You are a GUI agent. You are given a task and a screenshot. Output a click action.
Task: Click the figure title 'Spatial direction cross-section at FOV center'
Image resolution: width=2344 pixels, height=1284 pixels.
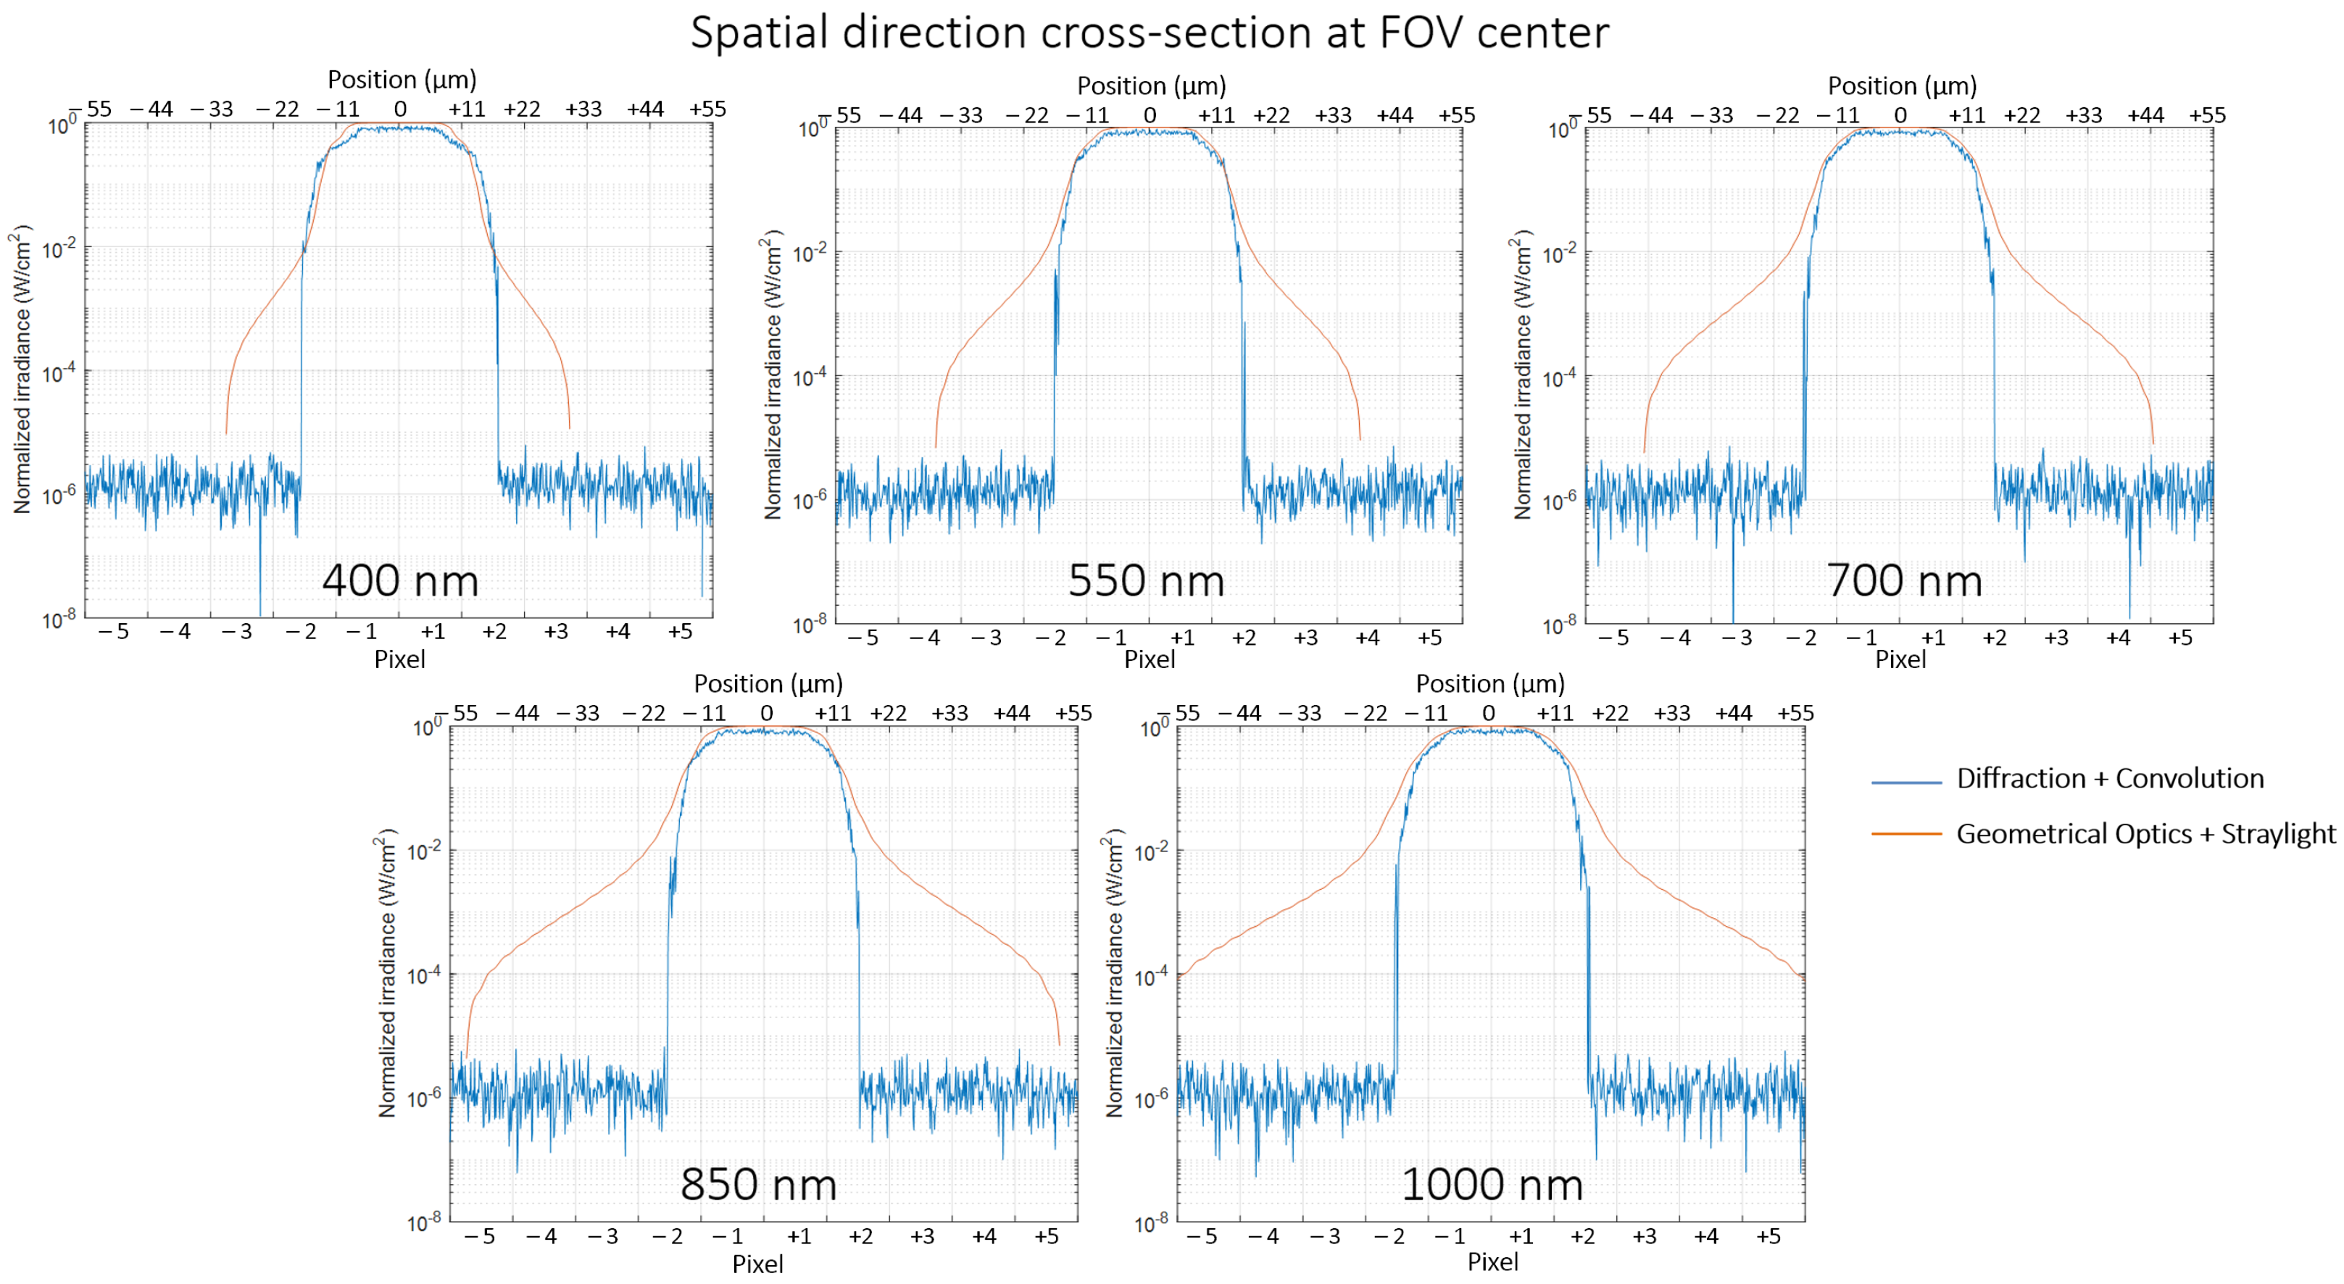pyautogui.click(x=1150, y=33)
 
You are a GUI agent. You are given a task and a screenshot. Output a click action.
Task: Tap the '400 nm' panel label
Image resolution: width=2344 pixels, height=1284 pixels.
pyautogui.click(x=400, y=580)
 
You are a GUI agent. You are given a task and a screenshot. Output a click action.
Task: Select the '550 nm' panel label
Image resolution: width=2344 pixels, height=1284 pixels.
pyautogui.click(x=1146, y=580)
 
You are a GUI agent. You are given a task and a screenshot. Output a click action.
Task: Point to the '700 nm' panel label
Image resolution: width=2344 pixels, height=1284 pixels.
pyautogui.click(x=1903, y=580)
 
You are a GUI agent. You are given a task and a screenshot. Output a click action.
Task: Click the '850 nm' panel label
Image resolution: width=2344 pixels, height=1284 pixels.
pyautogui.click(x=758, y=1184)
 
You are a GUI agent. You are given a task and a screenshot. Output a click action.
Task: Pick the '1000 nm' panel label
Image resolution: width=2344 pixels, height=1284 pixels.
pyautogui.click(x=1492, y=1184)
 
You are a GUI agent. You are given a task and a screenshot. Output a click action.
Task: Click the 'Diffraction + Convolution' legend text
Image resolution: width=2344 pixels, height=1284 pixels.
pyautogui.click(x=2109, y=779)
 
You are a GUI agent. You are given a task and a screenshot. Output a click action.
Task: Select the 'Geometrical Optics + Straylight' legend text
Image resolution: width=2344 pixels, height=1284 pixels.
pyautogui.click(x=2145, y=833)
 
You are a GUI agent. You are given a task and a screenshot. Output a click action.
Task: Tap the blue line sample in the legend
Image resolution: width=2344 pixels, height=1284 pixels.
pyautogui.click(x=1905, y=782)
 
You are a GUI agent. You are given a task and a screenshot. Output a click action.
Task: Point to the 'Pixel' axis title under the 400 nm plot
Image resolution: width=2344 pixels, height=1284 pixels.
pyautogui.click(x=399, y=659)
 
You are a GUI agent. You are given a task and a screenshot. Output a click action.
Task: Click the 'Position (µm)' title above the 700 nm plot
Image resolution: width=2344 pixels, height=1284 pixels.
pyautogui.click(x=1902, y=86)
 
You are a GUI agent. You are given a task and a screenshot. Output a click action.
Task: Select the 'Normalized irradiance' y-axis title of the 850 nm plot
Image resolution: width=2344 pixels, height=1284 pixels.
pyautogui.click(x=388, y=972)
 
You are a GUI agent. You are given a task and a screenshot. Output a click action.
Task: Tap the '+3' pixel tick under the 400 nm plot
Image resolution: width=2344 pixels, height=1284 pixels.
pyautogui.click(x=556, y=632)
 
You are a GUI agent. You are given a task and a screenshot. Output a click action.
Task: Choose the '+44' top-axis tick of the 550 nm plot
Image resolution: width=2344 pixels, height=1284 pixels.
pyautogui.click(x=1394, y=115)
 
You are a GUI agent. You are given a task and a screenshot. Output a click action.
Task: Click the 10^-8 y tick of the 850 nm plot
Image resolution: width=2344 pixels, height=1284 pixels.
pyautogui.click(x=424, y=1222)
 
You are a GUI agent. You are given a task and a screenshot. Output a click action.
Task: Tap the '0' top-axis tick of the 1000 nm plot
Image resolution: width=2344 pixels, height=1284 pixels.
pyautogui.click(x=1489, y=714)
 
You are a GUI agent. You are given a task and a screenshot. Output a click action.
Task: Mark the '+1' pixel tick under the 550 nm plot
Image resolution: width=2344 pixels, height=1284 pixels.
pyautogui.click(x=1181, y=638)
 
